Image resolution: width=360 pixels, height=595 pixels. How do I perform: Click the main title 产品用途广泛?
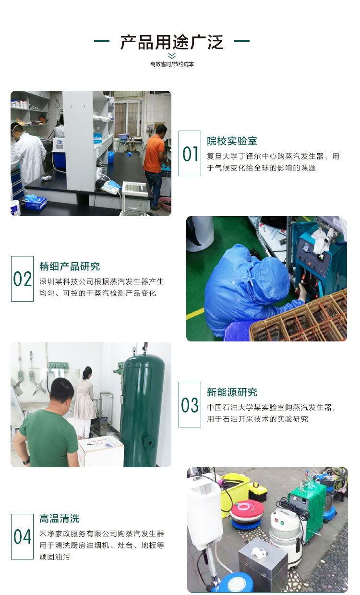172,42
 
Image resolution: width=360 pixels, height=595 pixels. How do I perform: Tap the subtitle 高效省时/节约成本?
172,64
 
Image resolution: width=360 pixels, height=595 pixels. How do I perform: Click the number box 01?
190,154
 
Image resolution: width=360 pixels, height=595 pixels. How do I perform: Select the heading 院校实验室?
232,141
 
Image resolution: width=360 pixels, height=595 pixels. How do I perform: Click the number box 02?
22,279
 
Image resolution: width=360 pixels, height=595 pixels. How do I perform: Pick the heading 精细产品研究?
70,267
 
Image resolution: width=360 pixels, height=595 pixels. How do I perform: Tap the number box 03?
190,405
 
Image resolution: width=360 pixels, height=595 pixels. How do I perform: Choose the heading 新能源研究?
232,392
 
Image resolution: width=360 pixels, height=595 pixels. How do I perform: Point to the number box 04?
22,536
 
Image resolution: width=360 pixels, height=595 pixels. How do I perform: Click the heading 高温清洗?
60,519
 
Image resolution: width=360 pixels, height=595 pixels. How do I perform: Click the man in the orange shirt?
154,163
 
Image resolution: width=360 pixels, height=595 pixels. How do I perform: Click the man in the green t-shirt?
48,427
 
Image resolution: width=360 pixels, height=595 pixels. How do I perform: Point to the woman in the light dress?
85,399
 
